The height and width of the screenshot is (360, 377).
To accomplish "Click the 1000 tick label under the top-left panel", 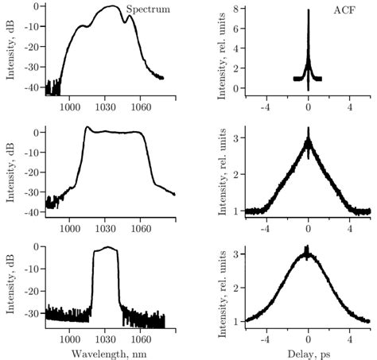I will point(69,106).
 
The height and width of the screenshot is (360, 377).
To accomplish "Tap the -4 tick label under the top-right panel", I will point(266,106).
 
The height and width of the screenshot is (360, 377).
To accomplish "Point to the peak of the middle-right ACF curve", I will point(309,130).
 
